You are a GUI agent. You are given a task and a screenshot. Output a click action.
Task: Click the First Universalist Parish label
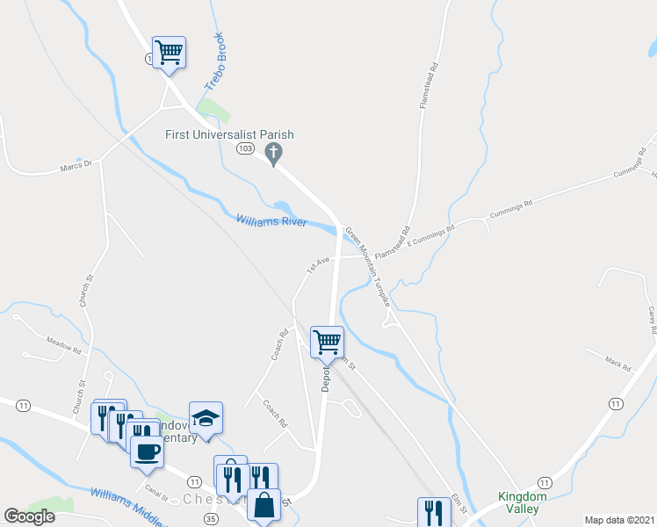click(x=229, y=134)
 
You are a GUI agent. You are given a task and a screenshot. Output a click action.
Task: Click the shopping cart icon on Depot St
click(x=327, y=341)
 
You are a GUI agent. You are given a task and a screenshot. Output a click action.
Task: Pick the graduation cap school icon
click(x=206, y=417)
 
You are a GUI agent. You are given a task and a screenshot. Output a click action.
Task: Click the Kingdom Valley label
click(x=522, y=502)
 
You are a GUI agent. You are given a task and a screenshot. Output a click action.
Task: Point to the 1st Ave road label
click(x=317, y=263)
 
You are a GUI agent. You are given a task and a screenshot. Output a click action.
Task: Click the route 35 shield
click(x=210, y=519)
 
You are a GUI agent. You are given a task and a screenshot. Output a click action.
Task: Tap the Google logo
click(x=30, y=516)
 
